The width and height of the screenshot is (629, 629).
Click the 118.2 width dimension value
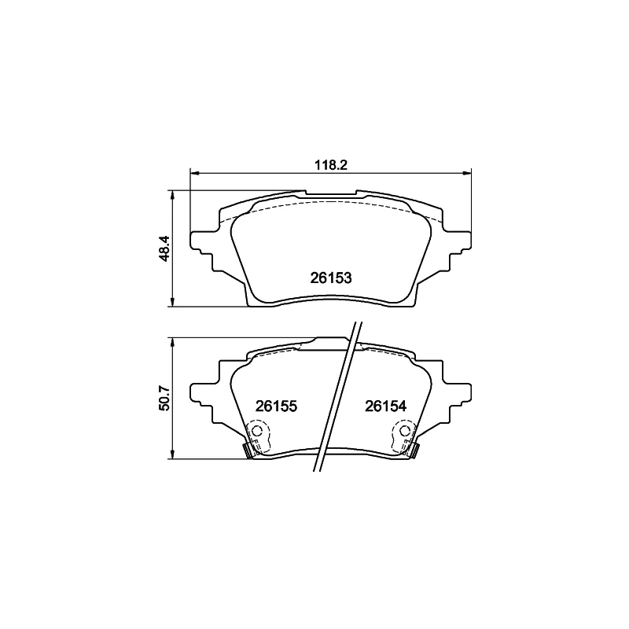pos(330,165)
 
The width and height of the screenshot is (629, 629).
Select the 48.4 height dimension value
pos(165,248)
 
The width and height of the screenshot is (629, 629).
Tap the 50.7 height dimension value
pos(165,398)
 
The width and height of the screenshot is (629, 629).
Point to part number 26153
pos(331,278)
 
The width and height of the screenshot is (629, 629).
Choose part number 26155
pos(277,406)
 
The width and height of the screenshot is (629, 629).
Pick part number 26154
pos(385,406)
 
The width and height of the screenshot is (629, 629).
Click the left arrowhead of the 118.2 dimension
pos(194,173)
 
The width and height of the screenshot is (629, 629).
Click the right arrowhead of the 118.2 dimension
pos(466,173)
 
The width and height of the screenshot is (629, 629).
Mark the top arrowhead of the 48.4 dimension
pos(173,195)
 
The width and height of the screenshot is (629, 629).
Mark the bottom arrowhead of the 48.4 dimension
pos(173,302)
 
